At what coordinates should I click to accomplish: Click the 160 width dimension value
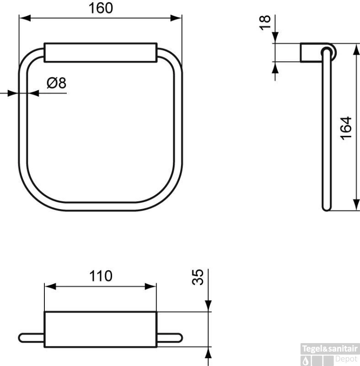click(x=100, y=8)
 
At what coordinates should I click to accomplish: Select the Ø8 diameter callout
click(x=57, y=83)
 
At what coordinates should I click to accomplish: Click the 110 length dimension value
click(x=100, y=276)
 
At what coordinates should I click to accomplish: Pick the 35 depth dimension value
click(x=198, y=277)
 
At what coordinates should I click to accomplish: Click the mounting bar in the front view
click(x=101, y=52)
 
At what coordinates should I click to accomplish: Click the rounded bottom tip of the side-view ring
click(x=326, y=208)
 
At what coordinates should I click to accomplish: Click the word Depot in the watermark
click(x=346, y=359)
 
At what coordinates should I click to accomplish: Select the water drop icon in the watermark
click(x=306, y=360)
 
